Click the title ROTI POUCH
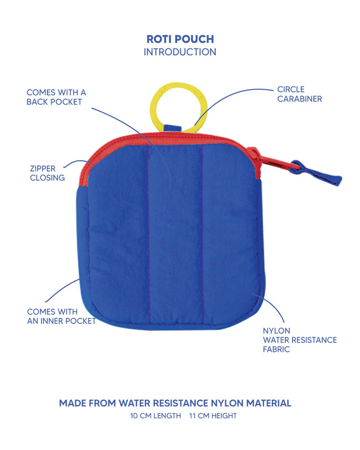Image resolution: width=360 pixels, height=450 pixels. [x=180, y=40]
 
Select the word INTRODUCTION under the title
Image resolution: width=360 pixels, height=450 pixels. [x=180, y=52]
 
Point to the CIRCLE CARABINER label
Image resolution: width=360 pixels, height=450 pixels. [x=299, y=94]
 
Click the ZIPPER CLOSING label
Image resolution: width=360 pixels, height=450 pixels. [x=47, y=173]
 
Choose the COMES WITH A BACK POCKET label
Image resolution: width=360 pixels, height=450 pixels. [x=56, y=97]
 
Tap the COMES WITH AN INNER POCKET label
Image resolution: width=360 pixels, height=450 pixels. [x=61, y=316]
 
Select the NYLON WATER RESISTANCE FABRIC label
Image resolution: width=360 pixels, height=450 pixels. [x=299, y=340]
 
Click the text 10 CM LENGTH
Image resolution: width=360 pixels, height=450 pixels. [x=156, y=416]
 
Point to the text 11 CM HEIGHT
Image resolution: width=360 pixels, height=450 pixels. [x=213, y=416]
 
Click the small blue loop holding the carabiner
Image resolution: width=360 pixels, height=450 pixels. [x=170, y=129]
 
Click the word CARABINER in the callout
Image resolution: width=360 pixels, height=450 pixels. [x=299, y=99]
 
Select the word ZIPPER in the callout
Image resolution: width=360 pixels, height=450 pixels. [x=43, y=169]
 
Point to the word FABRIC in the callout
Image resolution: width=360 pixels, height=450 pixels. [x=276, y=349]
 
